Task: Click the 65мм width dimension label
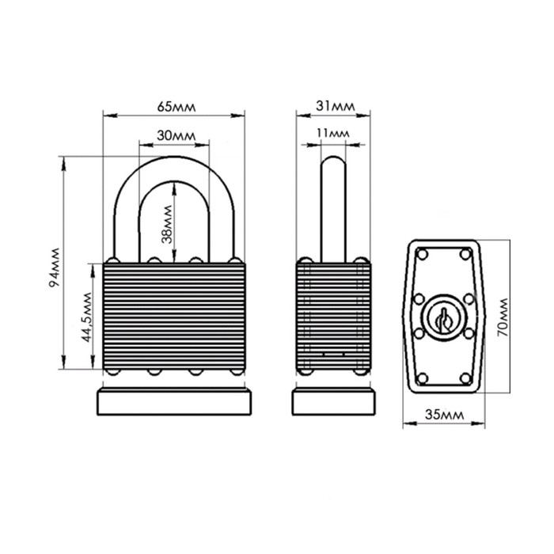coord(176,107)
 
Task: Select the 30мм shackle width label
coord(176,135)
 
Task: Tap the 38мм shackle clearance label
coord(167,225)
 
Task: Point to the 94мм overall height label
coord(55,268)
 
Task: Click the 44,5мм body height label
coord(87,317)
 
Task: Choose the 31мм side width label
coord(336,106)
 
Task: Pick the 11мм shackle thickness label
coord(333,133)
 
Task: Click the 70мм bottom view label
coord(503,317)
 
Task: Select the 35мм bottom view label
coord(444,415)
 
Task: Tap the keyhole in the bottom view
coord(444,319)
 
